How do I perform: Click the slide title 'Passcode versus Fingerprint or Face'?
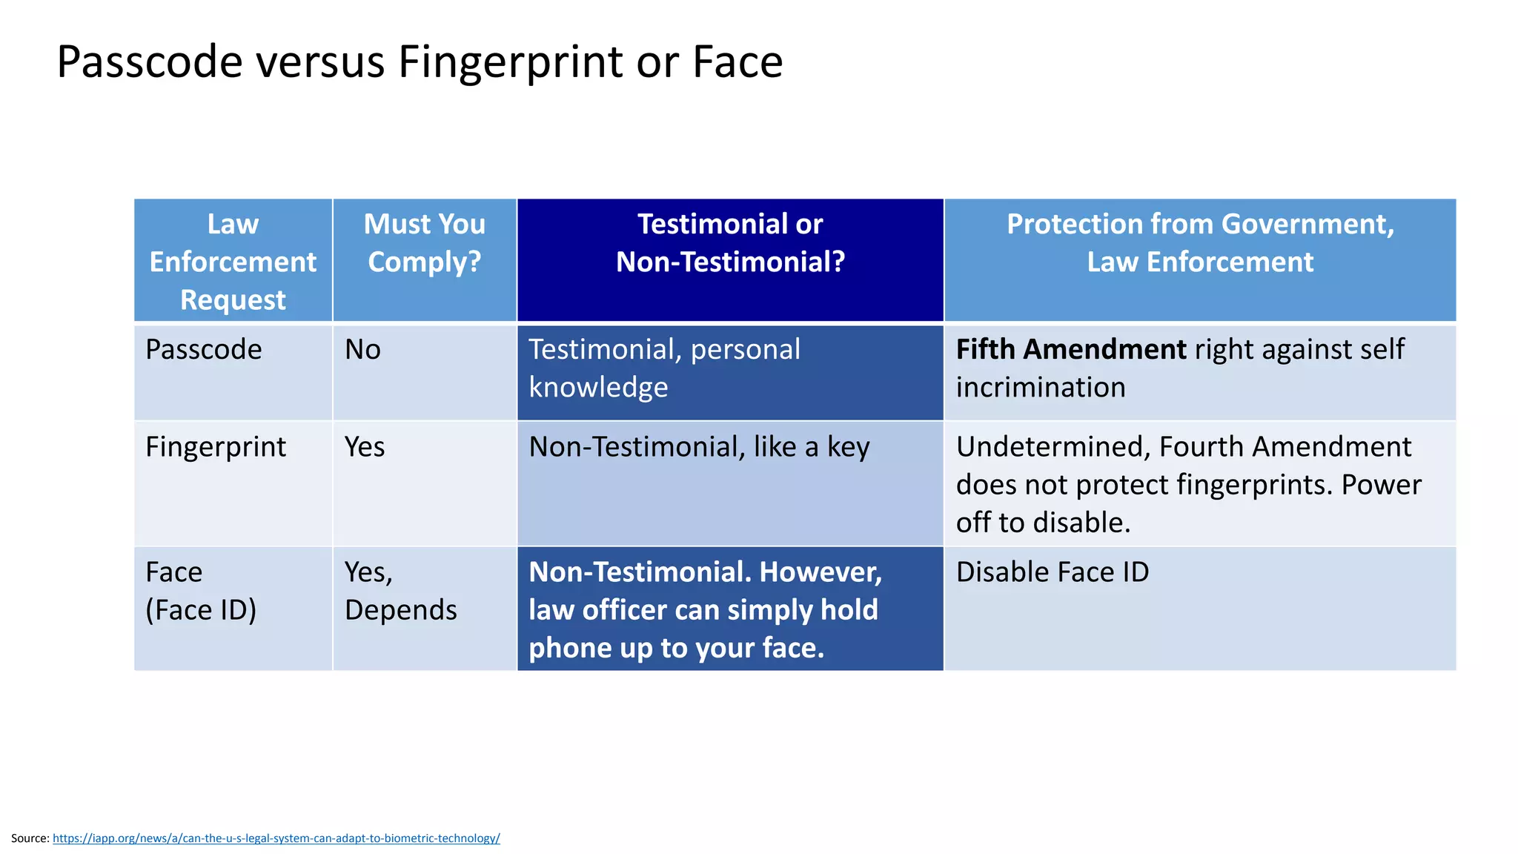[420, 62]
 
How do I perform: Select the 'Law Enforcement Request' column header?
[233, 262]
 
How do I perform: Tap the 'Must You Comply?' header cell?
[424, 243]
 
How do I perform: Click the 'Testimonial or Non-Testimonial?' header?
[730, 243]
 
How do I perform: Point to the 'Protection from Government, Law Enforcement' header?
[1200, 243]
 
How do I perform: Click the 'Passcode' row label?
[204, 350]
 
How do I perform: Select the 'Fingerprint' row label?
[216, 447]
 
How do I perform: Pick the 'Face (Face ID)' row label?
[201, 591]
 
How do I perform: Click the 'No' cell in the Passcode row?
[362, 350]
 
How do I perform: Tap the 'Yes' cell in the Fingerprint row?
[365, 447]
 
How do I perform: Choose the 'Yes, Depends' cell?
[400, 591]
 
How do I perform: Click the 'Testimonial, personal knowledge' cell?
[664, 368]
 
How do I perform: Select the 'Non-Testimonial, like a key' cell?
[699, 447]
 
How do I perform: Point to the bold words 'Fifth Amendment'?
[1071, 350]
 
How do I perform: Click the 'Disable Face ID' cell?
[1053, 572]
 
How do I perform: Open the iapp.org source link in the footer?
[276, 838]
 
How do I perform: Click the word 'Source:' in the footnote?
[30, 838]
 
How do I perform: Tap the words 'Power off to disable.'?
[1186, 505]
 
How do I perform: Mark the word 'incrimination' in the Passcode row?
[1041, 388]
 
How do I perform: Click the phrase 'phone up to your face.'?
[676, 648]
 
